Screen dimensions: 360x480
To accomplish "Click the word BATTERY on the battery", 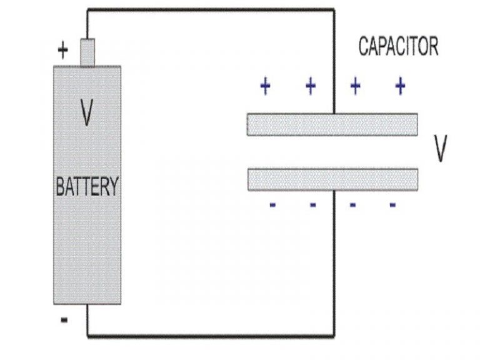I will click(87, 187).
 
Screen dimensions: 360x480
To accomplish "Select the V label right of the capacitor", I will click(441, 150).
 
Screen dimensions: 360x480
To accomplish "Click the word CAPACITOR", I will click(398, 46).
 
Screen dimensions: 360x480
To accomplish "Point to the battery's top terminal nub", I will click(87, 52).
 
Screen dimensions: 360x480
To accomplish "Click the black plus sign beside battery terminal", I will click(62, 49).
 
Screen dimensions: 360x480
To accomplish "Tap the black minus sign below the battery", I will click(64, 321).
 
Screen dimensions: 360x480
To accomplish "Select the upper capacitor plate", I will click(332, 124).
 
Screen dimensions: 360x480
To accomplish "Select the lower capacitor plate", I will click(332, 179).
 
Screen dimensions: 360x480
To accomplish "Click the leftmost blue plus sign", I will click(265, 86).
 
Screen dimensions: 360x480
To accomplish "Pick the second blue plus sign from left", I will click(311, 86).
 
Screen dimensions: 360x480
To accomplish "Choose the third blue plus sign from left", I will click(356, 86).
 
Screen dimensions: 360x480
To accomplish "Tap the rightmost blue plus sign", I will click(401, 86).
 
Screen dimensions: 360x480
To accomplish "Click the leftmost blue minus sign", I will click(272, 205).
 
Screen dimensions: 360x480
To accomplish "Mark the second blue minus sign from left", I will click(312, 205).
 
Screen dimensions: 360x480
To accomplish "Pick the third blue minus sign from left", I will click(352, 205).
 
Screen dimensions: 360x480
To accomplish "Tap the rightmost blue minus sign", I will click(392, 205).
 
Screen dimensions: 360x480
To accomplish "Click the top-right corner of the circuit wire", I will click(334, 9).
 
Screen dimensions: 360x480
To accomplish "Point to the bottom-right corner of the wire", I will click(334, 337).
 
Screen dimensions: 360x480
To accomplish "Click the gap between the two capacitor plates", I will click(332, 152).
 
